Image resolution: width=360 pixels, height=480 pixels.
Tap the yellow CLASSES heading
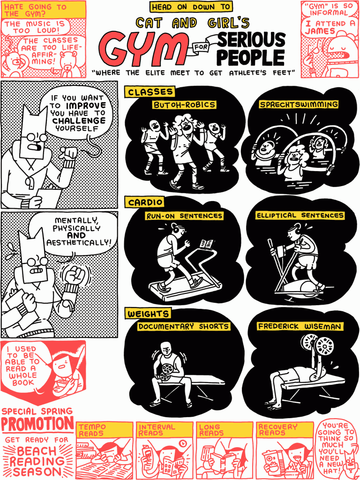[x=150, y=92]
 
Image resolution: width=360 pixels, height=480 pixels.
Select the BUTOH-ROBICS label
[x=184, y=105]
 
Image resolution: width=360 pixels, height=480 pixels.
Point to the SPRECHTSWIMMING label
[x=299, y=105]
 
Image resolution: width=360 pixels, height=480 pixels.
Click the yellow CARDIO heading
[x=144, y=202]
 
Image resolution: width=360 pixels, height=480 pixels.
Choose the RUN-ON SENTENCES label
[x=184, y=216]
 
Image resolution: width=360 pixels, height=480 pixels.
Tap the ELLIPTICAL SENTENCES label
[x=300, y=216]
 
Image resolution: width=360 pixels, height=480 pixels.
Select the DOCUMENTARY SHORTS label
[x=183, y=327]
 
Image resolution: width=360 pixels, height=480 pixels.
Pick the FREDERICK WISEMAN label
[x=300, y=326]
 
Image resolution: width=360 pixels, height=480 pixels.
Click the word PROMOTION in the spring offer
[x=37, y=424]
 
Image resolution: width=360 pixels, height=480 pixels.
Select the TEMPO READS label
[x=92, y=430]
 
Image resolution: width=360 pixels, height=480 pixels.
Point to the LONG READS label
[x=211, y=430]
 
